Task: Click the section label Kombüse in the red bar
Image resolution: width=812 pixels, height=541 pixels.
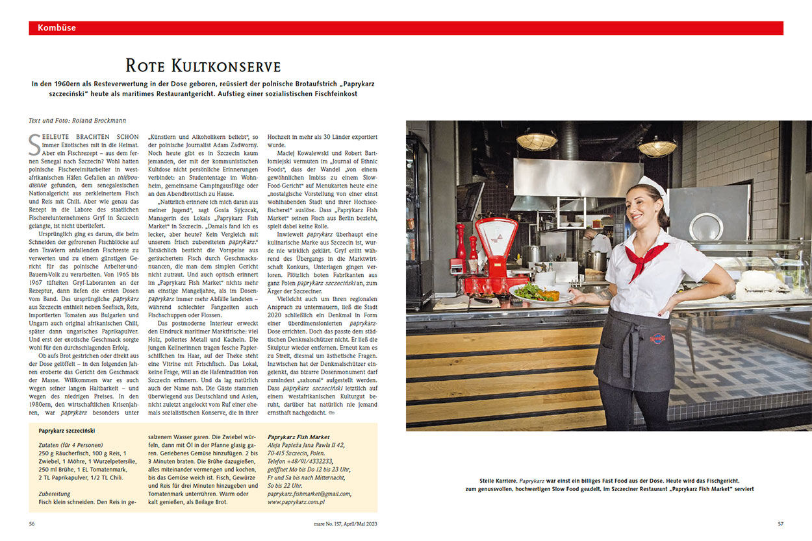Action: [57, 28]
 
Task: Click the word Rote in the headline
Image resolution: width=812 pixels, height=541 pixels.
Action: [146, 66]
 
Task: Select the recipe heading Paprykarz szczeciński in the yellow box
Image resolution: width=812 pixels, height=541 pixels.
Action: [67, 430]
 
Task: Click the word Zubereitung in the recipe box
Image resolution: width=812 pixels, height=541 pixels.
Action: [55, 493]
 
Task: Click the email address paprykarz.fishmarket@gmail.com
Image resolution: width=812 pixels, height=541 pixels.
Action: [309, 494]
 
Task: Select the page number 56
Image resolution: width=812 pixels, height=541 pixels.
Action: [32, 523]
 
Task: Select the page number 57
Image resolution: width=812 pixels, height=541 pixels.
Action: [780, 523]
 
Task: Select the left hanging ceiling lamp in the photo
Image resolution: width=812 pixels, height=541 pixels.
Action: [537, 141]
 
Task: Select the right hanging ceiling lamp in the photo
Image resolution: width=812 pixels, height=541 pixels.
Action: [657, 147]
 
